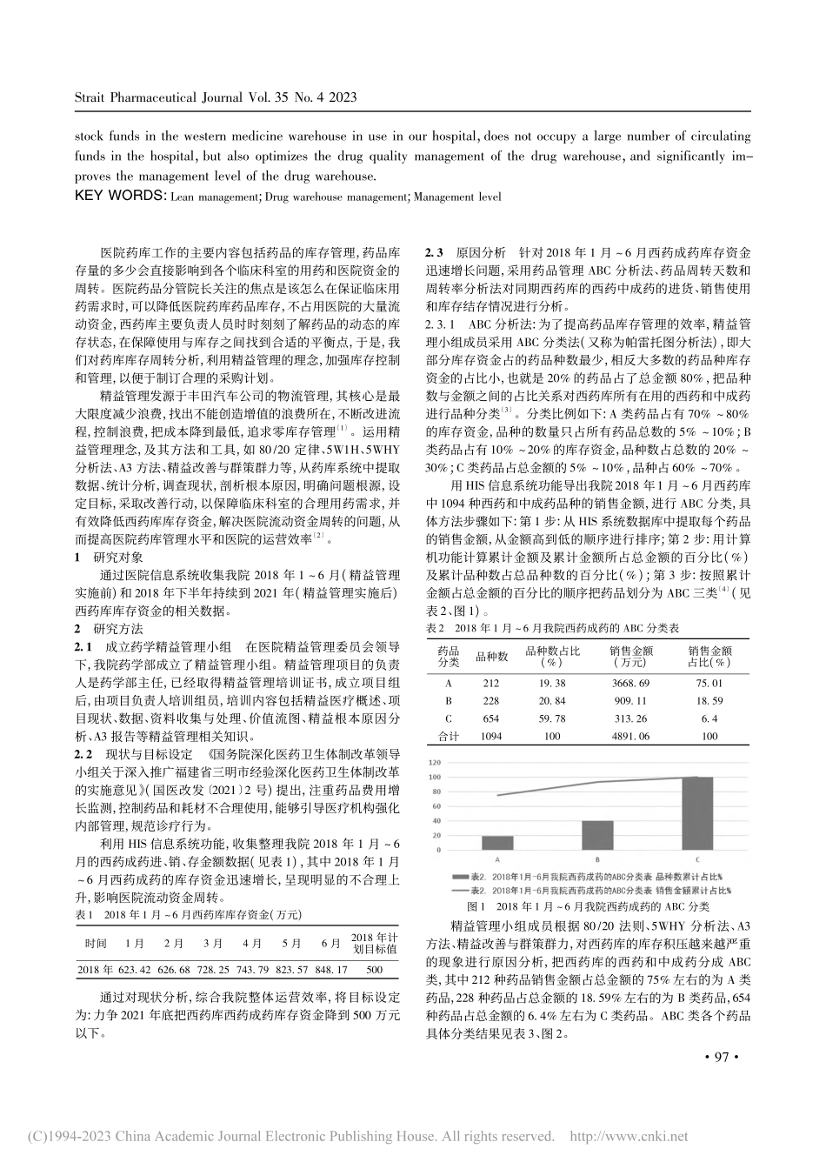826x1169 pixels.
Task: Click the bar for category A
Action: (496, 842)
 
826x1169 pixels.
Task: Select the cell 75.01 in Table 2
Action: (709, 683)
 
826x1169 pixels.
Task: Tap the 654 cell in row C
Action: (490, 718)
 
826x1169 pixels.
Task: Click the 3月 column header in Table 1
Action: (213, 943)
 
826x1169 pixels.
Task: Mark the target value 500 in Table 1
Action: (374, 968)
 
